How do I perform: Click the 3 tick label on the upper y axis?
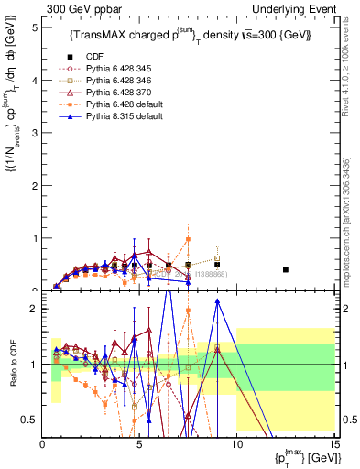click(x=34, y=133)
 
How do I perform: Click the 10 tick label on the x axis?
click(x=236, y=445)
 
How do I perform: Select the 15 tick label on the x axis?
click(x=333, y=445)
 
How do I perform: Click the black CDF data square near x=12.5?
click(x=286, y=269)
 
